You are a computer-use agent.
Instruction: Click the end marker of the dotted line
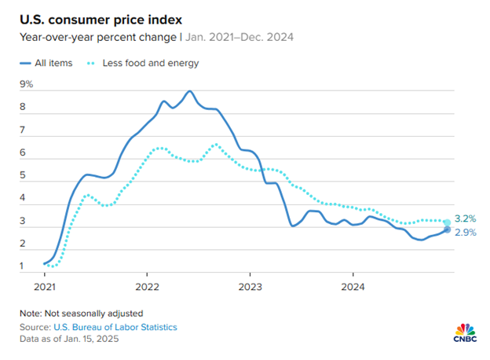(448, 222)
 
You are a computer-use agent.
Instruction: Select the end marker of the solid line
(448, 230)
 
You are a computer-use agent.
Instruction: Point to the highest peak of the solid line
(189, 91)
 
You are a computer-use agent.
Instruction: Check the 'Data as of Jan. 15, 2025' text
(70, 340)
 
